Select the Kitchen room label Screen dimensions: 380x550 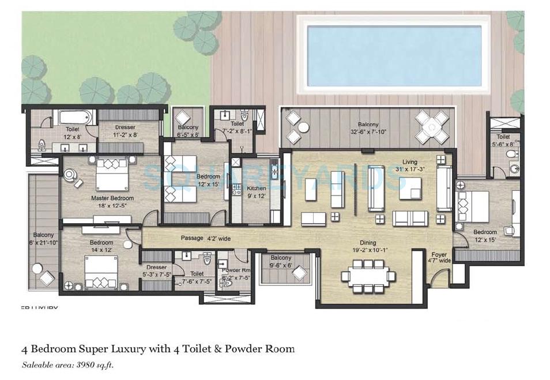(x=257, y=188)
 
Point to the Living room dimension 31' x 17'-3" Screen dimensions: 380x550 (x=410, y=170)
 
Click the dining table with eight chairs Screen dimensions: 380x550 (x=367, y=276)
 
